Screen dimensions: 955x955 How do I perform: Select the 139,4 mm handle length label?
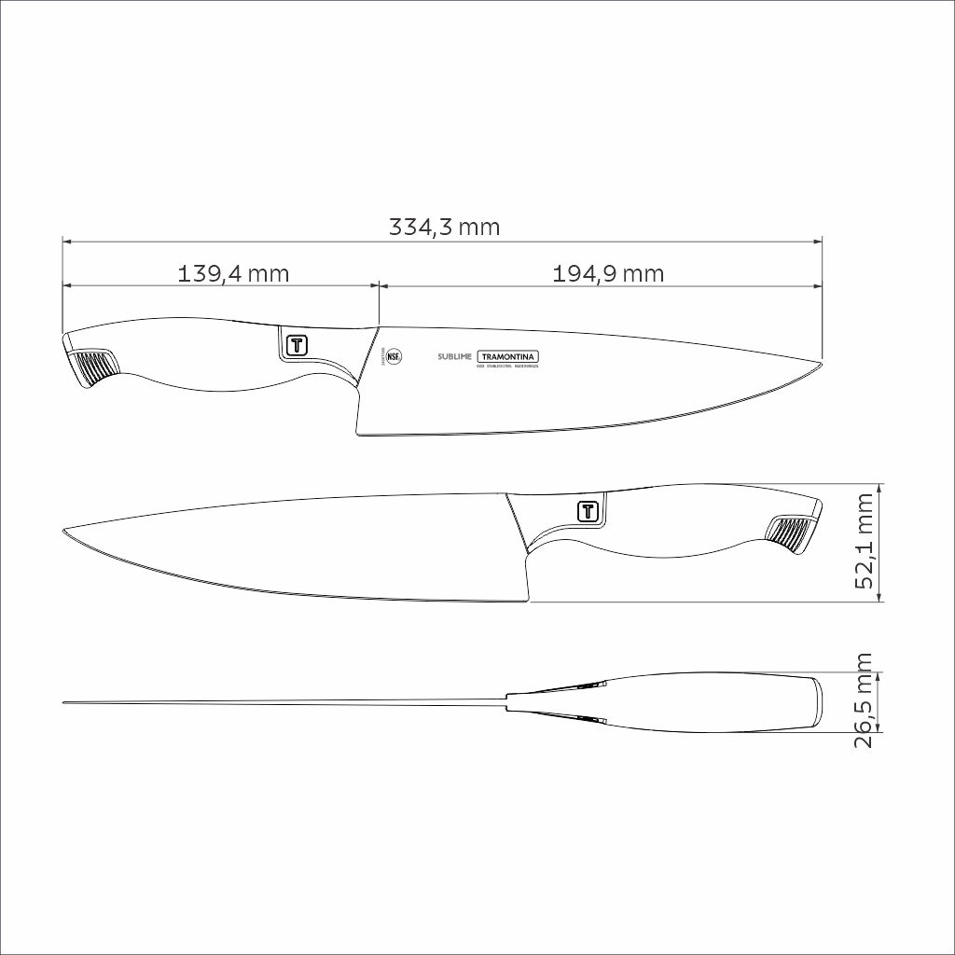(x=233, y=273)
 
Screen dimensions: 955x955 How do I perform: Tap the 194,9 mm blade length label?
(x=608, y=273)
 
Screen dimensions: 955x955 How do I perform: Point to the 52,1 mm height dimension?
(x=865, y=542)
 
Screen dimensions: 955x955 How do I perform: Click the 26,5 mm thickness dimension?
(x=865, y=701)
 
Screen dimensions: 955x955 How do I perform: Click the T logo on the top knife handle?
(x=297, y=344)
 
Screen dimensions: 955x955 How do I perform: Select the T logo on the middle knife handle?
(x=588, y=510)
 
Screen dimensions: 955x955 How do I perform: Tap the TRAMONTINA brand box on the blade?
(x=509, y=357)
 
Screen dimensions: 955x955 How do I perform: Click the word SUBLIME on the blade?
(x=455, y=357)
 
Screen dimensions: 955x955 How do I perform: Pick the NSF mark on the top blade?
(x=395, y=356)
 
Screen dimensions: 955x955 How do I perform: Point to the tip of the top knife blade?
(x=822, y=364)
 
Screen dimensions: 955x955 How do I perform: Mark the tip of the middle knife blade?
(x=63, y=532)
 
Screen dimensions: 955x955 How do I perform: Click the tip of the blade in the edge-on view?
(x=63, y=703)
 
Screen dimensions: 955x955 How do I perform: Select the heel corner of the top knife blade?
(x=358, y=433)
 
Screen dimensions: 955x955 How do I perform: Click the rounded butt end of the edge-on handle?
(x=817, y=701)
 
